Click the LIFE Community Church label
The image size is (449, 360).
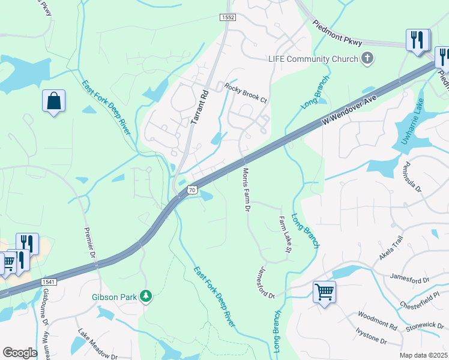click(x=312, y=59)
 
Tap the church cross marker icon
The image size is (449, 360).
click(x=367, y=58)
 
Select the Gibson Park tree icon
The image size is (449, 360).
click(x=145, y=296)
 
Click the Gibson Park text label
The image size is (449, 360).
click(x=115, y=296)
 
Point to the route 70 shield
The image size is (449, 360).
click(x=192, y=190)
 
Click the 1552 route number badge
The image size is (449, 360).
click(x=227, y=18)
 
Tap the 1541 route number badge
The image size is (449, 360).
click(x=49, y=282)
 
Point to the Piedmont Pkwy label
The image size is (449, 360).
click(x=337, y=33)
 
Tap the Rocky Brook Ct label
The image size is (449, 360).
click(x=246, y=92)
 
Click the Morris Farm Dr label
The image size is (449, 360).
click(x=246, y=190)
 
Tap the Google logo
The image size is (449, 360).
click(x=20, y=353)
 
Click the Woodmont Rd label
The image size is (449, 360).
click(x=377, y=321)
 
